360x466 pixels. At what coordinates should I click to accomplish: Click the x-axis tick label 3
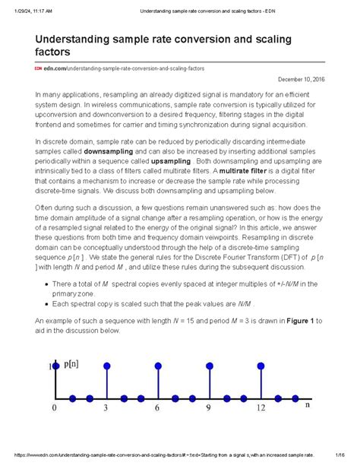click(x=106, y=408)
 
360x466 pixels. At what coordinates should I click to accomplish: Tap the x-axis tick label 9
click(x=209, y=408)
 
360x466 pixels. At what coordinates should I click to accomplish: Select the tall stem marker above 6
click(x=157, y=366)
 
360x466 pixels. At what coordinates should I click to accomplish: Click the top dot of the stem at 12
click(x=261, y=366)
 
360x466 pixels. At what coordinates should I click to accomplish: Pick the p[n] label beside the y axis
click(x=72, y=366)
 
